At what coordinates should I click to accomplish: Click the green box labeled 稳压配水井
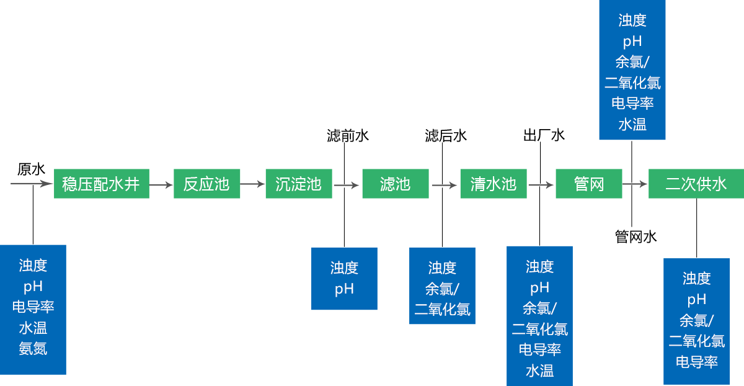point(101,184)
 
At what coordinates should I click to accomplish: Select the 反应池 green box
point(206,184)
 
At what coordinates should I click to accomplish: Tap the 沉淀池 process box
point(298,184)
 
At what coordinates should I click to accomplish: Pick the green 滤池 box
point(395,184)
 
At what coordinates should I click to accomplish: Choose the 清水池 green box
point(493,184)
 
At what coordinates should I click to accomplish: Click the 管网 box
point(588,184)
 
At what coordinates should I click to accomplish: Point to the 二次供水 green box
point(696,184)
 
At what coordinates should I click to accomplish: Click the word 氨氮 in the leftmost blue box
point(33,349)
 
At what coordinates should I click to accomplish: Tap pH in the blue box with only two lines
point(344,289)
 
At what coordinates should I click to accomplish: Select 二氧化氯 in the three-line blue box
point(442,310)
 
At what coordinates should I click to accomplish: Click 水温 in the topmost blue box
point(632,124)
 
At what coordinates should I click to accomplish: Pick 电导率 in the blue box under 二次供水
point(696,362)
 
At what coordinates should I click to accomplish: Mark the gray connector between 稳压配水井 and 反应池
point(161,184)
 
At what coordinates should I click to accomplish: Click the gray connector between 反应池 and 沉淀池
point(253,184)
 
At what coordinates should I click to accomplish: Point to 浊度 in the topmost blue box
point(632,20)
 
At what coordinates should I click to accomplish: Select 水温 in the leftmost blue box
point(33,328)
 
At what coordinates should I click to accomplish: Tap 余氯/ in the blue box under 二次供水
point(696,320)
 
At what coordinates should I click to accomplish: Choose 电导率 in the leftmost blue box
point(33,307)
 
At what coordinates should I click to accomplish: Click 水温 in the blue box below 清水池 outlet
point(539,371)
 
